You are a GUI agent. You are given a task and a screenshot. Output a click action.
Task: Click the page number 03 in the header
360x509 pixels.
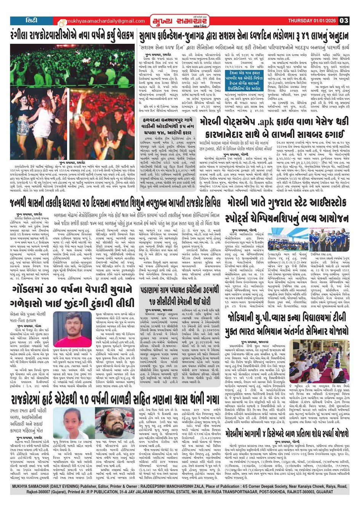(x=344, y=21)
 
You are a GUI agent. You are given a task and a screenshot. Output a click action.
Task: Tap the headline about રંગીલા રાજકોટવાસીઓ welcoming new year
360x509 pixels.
(x=73, y=36)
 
